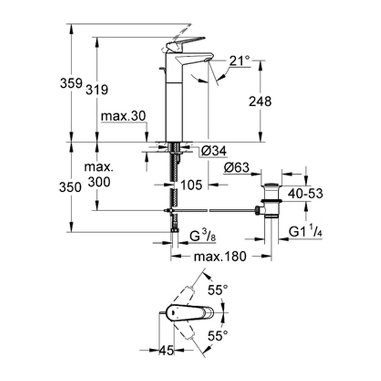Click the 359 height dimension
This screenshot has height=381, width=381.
pos(71,83)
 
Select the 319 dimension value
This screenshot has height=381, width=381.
pos(97,90)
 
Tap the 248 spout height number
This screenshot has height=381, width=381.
pos(260,101)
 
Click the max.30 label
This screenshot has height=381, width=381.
pos(123,116)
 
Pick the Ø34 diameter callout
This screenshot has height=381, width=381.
pos(214,151)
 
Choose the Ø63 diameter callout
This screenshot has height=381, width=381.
pos(237,167)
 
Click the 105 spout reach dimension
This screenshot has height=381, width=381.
pos(192,185)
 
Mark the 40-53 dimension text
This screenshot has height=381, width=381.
pos(305,193)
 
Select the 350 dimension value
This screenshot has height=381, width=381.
pos(70,188)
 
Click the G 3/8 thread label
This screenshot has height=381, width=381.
pos(202,236)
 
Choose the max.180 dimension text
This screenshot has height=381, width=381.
pos(220,256)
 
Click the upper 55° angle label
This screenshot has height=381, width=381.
pos(218,290)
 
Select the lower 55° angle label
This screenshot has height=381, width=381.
pos(218,336)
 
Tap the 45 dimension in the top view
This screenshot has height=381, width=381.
pos(167,350)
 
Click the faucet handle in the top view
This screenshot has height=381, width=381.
pos(189,313)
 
